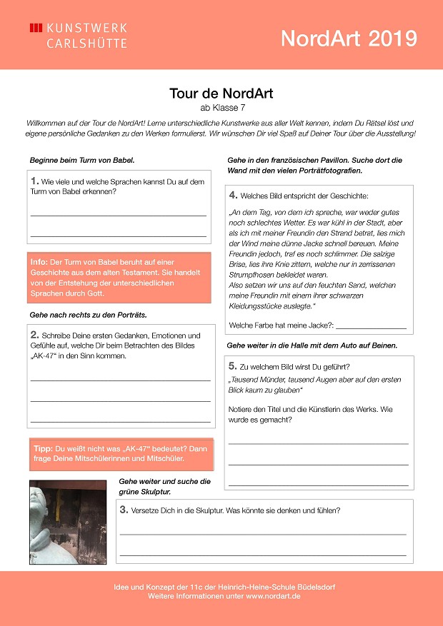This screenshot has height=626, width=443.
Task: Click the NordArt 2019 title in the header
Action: click(348, 38)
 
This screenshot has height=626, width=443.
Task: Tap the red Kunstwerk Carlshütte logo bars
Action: click(36, 28)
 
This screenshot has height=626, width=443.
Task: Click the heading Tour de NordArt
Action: click(221, 94)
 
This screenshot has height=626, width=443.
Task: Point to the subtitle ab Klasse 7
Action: click(221, 108)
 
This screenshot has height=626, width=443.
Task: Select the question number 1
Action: click(35, 181)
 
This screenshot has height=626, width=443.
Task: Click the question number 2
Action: click(34, 334)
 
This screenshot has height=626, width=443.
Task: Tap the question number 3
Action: click(124, 510)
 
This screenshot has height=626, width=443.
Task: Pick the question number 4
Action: click(233, 195)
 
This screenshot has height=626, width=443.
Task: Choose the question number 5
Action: click(233, 365)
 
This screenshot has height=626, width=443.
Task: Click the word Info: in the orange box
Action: click(39, 262)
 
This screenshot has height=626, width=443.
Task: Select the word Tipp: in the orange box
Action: click(43, 448)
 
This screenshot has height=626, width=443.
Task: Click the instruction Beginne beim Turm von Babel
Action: click(81, 160)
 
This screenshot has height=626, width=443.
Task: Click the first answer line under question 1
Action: click(118, 215)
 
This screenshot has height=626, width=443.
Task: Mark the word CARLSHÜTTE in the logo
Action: click(86, 44)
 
